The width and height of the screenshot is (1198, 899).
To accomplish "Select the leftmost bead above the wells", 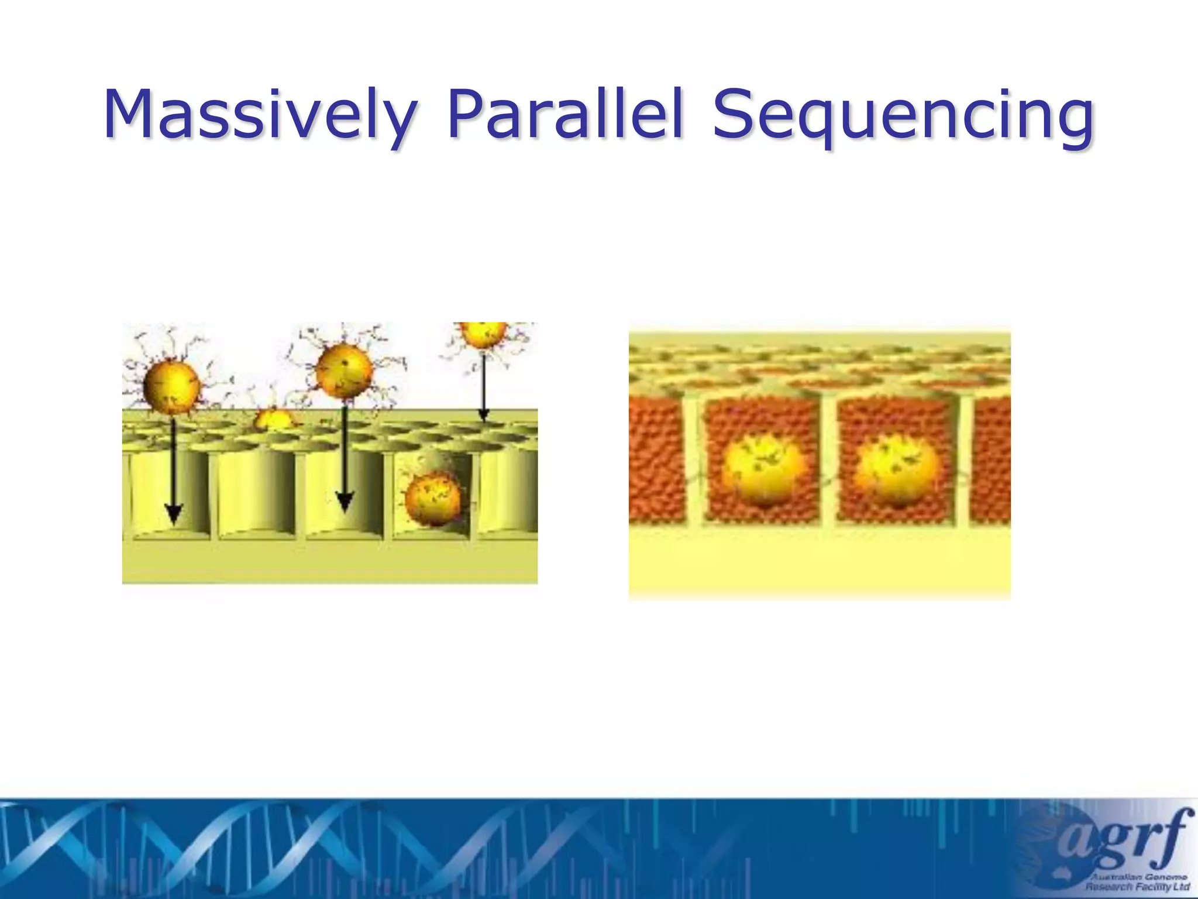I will point(171,386).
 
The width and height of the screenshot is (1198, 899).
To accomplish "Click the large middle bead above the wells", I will point(344,371).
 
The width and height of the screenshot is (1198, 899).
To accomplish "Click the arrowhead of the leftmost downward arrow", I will point(173,514).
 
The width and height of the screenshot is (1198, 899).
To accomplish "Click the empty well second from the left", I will point(256,492).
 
